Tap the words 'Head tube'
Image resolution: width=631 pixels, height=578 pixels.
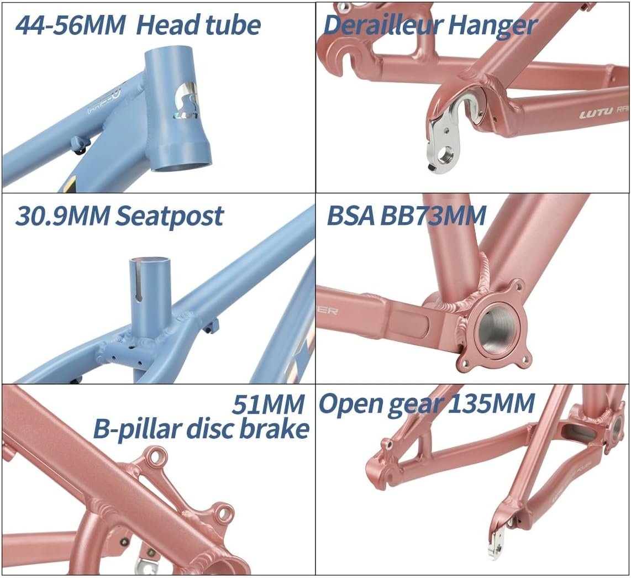198,25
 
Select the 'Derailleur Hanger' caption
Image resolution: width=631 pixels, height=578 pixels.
430,25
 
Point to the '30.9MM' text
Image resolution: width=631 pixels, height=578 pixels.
61,216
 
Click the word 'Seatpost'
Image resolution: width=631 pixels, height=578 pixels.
169,216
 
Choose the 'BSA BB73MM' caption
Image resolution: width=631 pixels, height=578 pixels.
406,216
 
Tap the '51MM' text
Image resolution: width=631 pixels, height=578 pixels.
269,405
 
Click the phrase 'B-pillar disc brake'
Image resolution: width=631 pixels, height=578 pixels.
201,429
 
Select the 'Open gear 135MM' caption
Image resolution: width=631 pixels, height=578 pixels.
427,404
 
